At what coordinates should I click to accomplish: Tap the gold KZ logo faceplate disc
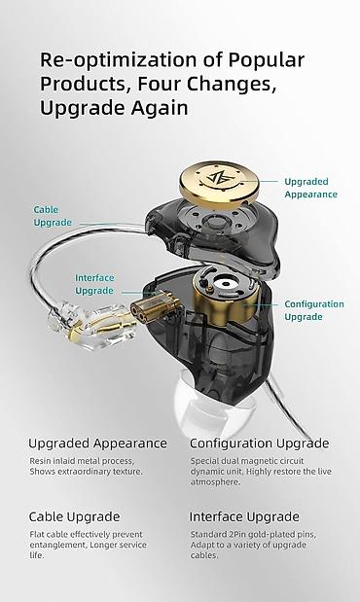219,184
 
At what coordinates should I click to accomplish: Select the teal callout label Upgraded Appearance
310,188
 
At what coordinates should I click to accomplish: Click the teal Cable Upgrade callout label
53,216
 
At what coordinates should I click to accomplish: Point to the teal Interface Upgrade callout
94,284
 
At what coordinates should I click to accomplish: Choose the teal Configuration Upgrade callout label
314,310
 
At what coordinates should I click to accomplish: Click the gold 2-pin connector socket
156,305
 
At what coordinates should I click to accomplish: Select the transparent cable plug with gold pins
92,326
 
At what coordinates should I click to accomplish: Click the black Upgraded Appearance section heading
98,443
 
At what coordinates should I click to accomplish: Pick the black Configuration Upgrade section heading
260,443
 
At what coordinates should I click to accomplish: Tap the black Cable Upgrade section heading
75,517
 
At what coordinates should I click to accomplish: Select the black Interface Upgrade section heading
244,517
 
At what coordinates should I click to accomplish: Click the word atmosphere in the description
215,481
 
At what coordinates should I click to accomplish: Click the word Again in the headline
160,109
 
